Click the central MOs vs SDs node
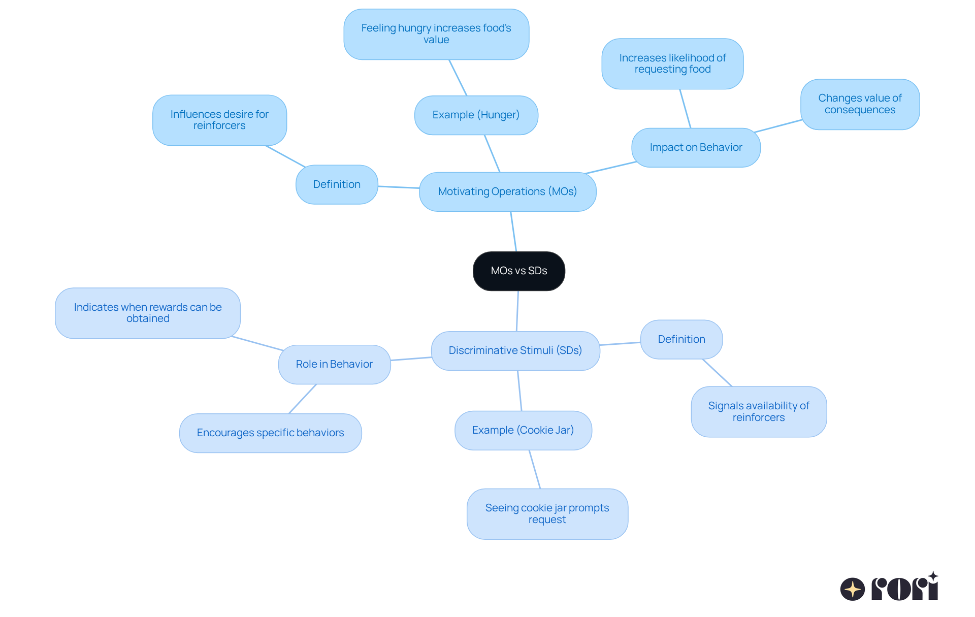(x=518, y=271)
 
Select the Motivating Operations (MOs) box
(x=507, y=192)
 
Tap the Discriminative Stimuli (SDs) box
(x=515, y=351)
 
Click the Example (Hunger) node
(x=476, y=115)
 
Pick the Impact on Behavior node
(x=696, y=148)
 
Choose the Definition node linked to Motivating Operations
(x=337, y=185)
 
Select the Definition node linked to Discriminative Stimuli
(x=681, y=339)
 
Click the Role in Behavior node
(x=334, y=365)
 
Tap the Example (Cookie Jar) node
(x=523, y=431)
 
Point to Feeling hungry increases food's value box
(x=436, y=34)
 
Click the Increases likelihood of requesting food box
(x=672, y=64)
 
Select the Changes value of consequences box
(x=860, y=104)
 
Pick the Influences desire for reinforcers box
(x=219, y=120)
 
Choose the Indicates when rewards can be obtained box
(x=147, y=313)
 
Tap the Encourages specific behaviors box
(x=270, y=433)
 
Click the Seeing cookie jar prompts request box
(x=547, y=514)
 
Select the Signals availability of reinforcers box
(x=758, y=412)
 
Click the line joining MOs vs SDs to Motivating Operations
(x=513, y=232)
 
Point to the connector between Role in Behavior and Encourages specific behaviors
(x=303, y=399)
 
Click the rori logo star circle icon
(x=852, y=589)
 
